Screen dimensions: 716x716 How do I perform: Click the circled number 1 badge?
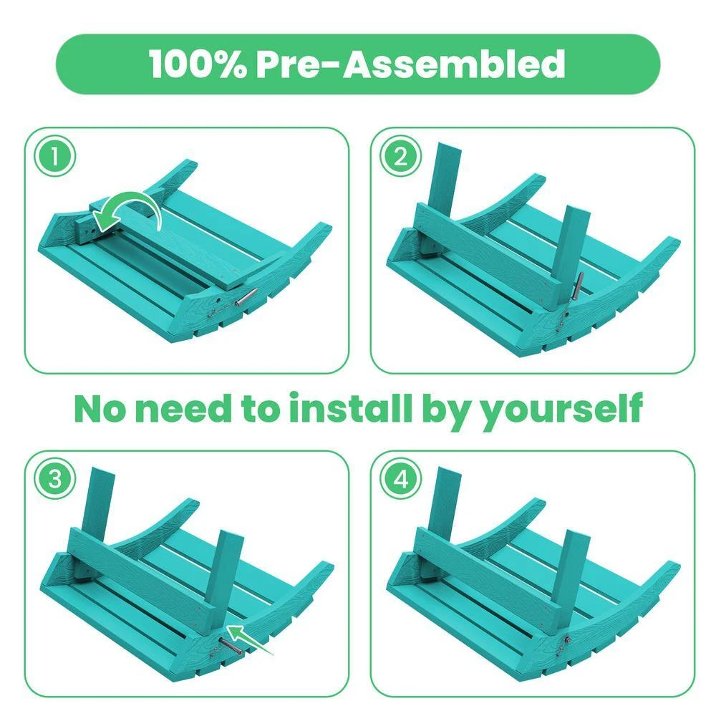(x=55, y=156)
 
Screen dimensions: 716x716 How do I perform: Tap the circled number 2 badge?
(x=400, y=156)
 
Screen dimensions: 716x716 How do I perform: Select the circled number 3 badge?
(x=55, y=480)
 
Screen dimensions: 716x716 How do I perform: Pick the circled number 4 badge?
(x=400, y=480)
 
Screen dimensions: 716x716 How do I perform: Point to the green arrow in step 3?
(x=249, y=639)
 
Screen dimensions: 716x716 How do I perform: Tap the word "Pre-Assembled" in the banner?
(x=410, y=64)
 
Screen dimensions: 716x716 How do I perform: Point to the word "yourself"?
(x=562, y=410)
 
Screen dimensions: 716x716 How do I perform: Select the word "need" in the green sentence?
(x=183, y=408)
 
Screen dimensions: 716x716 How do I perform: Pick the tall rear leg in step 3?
(x=99, y=503)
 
